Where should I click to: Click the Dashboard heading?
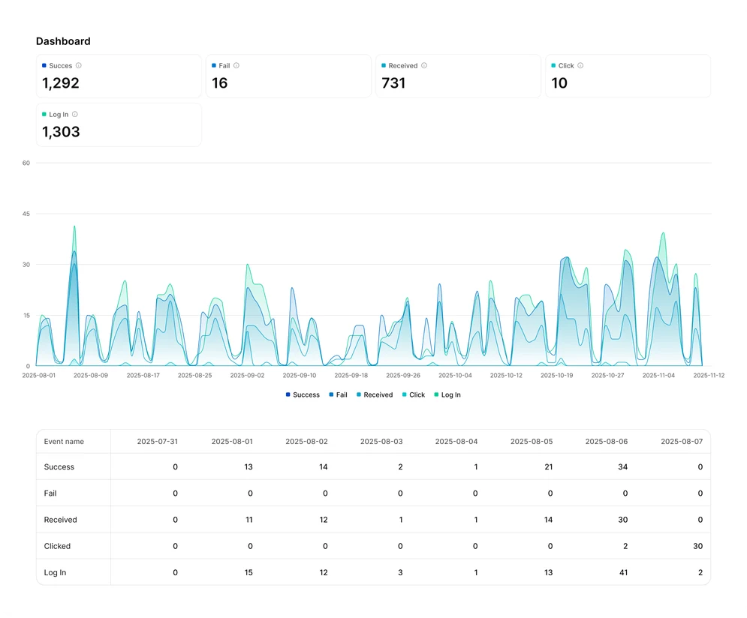point(63,41)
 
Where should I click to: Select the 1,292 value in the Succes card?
point(61,83)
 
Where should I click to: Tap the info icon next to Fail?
point(236,66)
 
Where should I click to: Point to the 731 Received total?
point(393,83)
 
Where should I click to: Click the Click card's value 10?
point(559,83)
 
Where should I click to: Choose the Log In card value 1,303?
point(61,132)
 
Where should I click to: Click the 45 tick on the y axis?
point(26,214)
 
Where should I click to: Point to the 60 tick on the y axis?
point(26,163)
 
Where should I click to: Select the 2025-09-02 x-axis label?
point(247,375)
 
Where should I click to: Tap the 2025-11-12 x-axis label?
point(709,375)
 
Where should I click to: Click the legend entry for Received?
point(375,394)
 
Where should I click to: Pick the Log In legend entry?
point(447,394)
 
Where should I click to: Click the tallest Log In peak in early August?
point(74,226)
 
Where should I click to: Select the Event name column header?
point(64,442)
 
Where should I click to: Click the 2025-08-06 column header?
point(607,442)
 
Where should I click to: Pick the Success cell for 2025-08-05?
point(548,467)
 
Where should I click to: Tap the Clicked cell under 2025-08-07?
point(698,546)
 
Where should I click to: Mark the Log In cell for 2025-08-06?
point(623,573)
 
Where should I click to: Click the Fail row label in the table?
point(50,493)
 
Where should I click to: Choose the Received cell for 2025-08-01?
point(249,520)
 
